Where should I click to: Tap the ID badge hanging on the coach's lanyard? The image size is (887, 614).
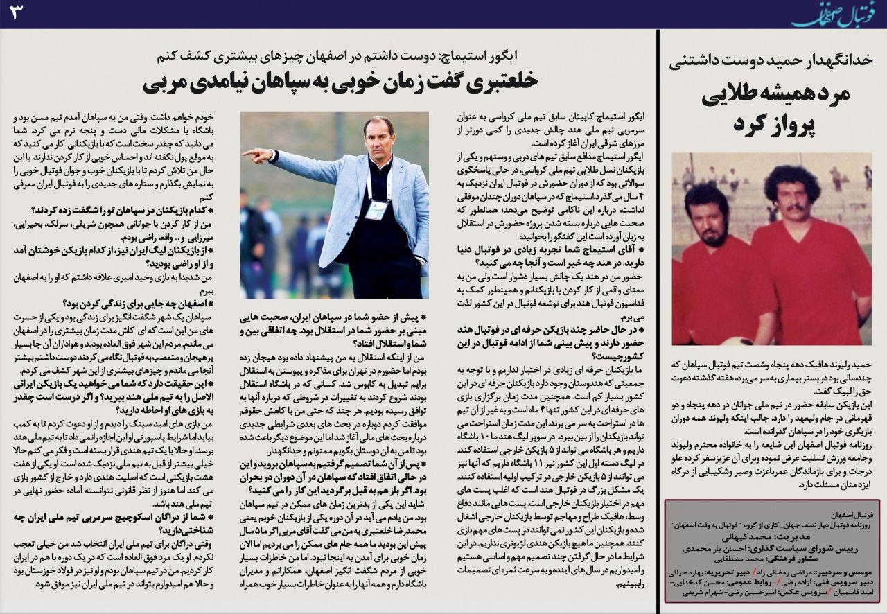375,208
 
